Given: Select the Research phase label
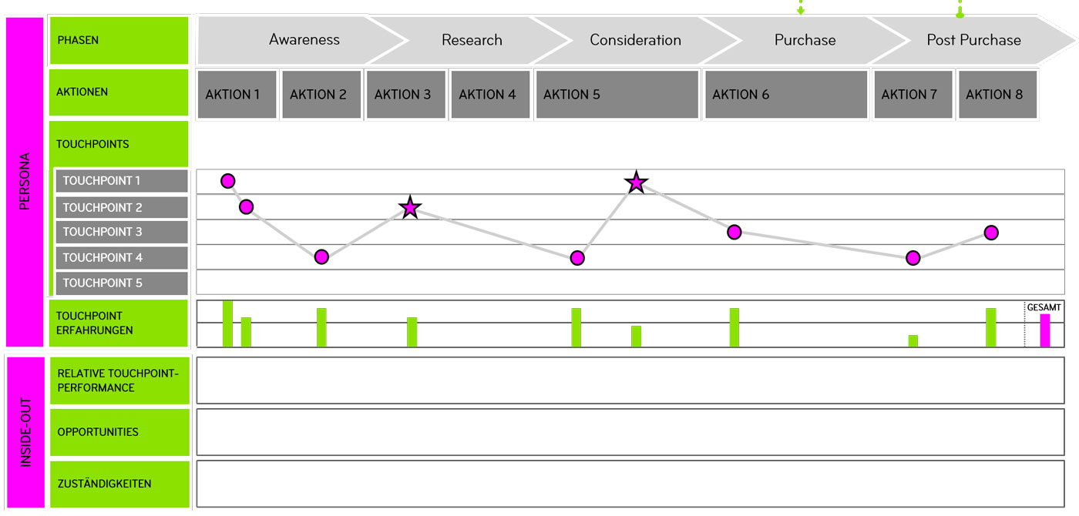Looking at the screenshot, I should pos(472,40).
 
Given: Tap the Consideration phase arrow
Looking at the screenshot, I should pos(635,40).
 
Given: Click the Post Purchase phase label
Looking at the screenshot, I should pos(973,40).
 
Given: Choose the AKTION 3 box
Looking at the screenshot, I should pos(402,95).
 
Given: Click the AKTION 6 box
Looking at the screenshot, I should pos(786,95).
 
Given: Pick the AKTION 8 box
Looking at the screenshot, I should pos(994,95).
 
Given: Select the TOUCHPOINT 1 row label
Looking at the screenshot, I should pos(121,181).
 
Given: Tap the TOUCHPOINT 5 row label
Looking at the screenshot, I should pos(121,283).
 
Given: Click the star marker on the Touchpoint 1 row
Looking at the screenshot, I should pos(636,183).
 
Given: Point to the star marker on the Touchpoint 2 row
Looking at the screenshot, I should pos(410,207).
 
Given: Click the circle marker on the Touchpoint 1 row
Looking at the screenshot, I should pos(227,181).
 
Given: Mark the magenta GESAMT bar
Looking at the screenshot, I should pos(1044,330).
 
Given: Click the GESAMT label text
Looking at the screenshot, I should pos(1044,307).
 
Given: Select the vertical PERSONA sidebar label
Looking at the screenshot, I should pos(24,182).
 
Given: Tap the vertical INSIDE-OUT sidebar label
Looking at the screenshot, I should pos(24,431).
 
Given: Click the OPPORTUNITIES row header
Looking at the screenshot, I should pos(119,432).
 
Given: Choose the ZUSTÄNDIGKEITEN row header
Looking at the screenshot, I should pos(119,484).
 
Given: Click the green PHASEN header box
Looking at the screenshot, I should pos(119,40).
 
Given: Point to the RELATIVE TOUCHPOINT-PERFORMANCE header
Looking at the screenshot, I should pos(119,380).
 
